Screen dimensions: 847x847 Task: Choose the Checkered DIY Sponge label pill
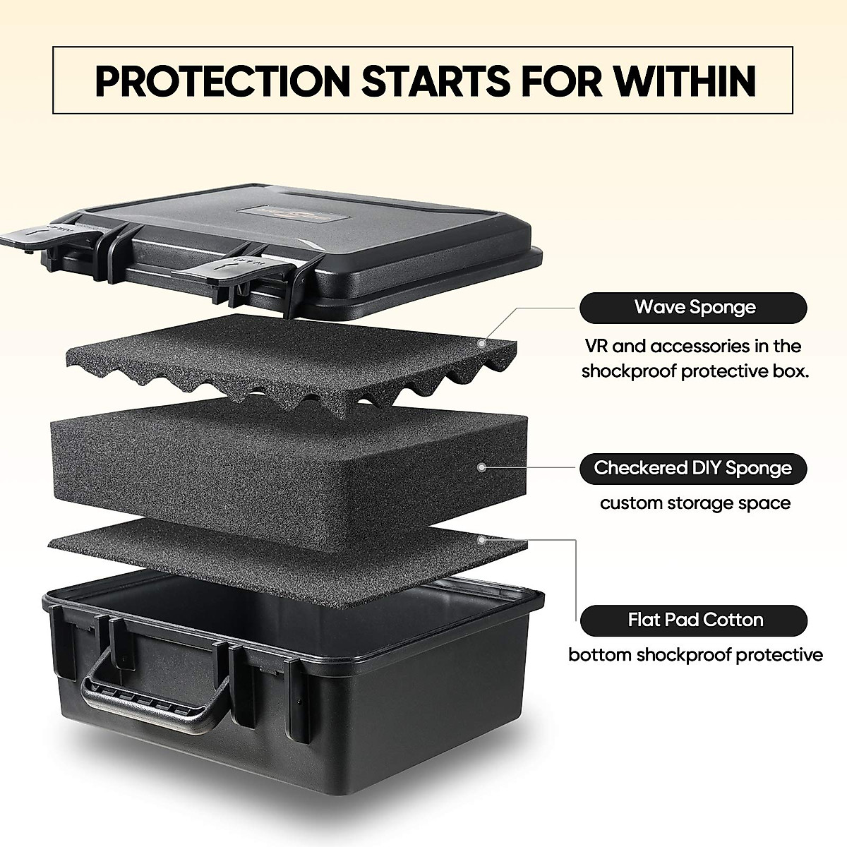(692, 468)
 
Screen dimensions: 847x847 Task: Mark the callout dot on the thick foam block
(482, 467)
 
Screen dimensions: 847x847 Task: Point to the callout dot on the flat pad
(482, 540)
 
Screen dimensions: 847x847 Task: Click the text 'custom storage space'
(695, 503)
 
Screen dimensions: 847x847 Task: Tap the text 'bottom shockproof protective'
(695, 655)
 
